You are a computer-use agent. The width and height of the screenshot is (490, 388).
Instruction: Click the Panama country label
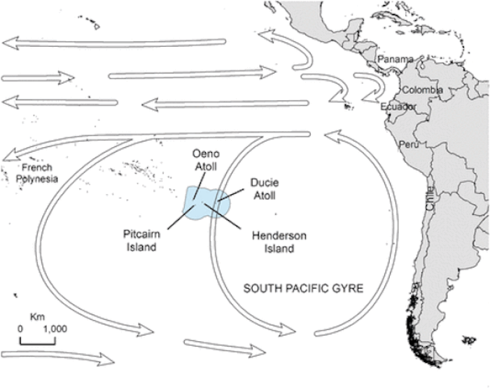(x=395, y=60)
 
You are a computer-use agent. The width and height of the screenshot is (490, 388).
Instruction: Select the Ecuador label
(x=398, y=107)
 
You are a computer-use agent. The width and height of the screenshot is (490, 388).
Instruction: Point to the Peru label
(x=408, y=145)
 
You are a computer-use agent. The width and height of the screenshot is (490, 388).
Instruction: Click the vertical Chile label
(x=430, y=198)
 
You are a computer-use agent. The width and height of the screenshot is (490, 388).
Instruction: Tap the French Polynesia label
(x=38, y=173)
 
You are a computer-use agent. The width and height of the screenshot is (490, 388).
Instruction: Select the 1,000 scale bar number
(x=55, y=328)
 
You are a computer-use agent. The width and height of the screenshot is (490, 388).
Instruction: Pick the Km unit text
(x=37, y=317)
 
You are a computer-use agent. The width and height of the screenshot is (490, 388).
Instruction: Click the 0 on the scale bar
(x=20, y=328)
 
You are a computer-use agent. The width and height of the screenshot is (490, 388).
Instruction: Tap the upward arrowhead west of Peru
(x=328, y=135)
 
